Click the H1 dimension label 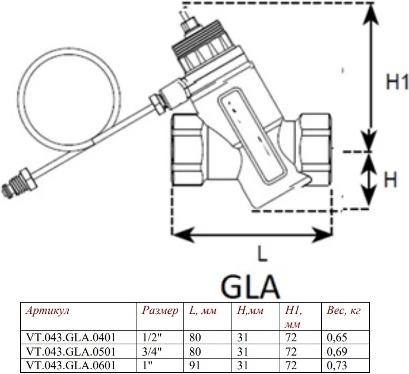397,81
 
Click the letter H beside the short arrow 391,180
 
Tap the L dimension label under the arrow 262,253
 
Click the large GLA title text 250,287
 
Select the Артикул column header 47,310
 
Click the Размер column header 160,310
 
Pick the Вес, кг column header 344,310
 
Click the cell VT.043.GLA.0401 71,337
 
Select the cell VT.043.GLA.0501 71,351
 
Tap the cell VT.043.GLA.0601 71,365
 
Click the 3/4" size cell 152,351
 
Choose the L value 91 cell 195,365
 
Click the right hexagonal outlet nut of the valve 315,150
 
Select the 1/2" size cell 152,337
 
